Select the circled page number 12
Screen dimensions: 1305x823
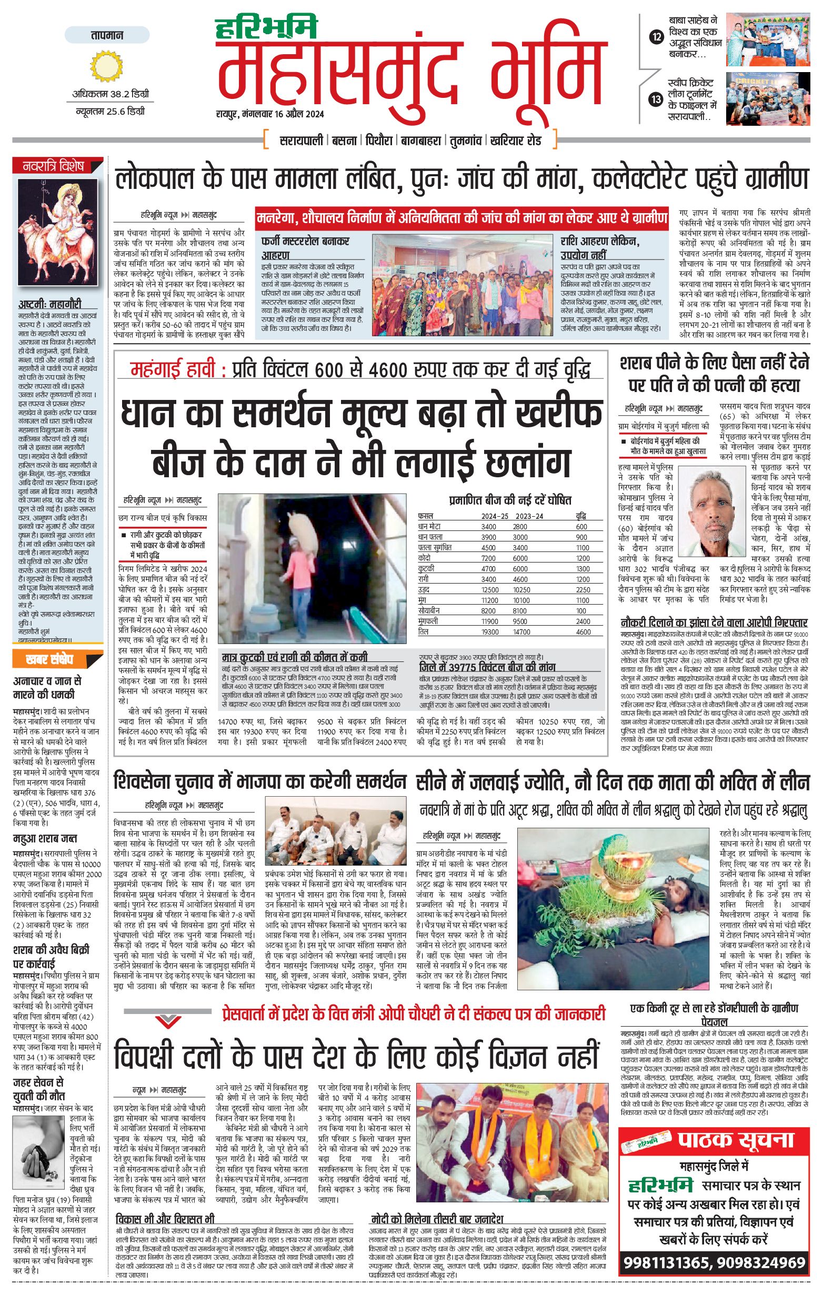coord(657,37)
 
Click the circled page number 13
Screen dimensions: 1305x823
coord(657,99)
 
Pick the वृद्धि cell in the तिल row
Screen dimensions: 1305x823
coord(583,631)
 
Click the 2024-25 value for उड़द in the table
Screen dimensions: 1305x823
coord(490,590)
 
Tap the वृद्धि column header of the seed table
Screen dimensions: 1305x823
coord(581,516)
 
